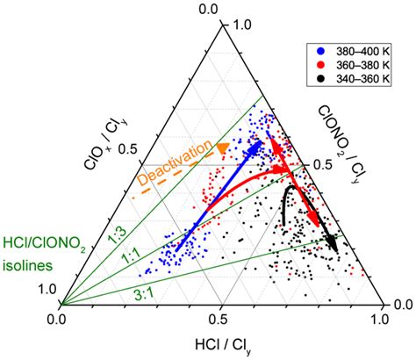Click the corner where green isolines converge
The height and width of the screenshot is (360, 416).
click(60, 305)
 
